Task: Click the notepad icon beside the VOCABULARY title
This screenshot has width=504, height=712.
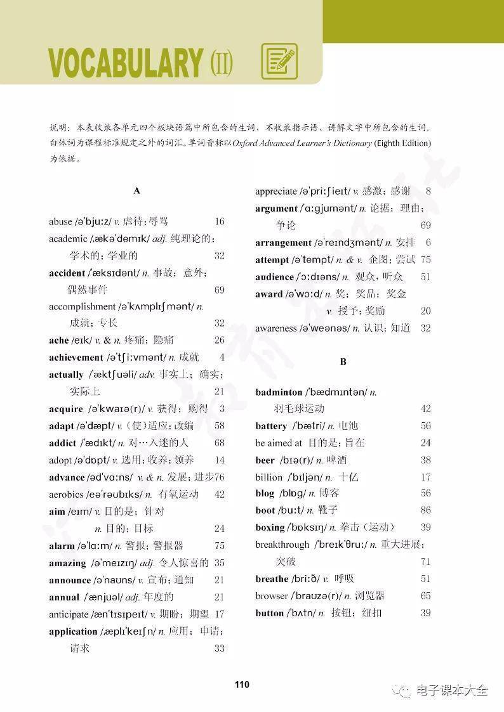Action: pos(279,61)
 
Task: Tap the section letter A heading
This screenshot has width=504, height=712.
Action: pos(137,190)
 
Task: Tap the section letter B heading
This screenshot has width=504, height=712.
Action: pos(343,362)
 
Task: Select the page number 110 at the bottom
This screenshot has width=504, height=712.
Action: pos(242,684)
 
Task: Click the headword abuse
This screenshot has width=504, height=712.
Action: pos(60,222)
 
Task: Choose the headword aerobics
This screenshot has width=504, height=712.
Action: pos(67,494)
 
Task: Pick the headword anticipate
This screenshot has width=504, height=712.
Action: pos(69,614)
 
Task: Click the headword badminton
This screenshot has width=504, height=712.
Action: pos(279,392)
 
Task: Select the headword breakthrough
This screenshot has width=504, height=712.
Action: pos(282,545)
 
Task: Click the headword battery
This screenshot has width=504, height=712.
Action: pos(271,426)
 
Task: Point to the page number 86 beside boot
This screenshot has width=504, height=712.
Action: pos(425,510)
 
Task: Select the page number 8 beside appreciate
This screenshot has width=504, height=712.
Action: pos(428,191)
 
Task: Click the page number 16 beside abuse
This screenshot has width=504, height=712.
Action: pos(220,222)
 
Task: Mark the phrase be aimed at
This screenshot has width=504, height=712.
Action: pos(279,443)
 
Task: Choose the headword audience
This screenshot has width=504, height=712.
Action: pos(274,277)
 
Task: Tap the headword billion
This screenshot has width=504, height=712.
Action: pos(269,477)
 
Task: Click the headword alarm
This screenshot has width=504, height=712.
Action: pos(62,545)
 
